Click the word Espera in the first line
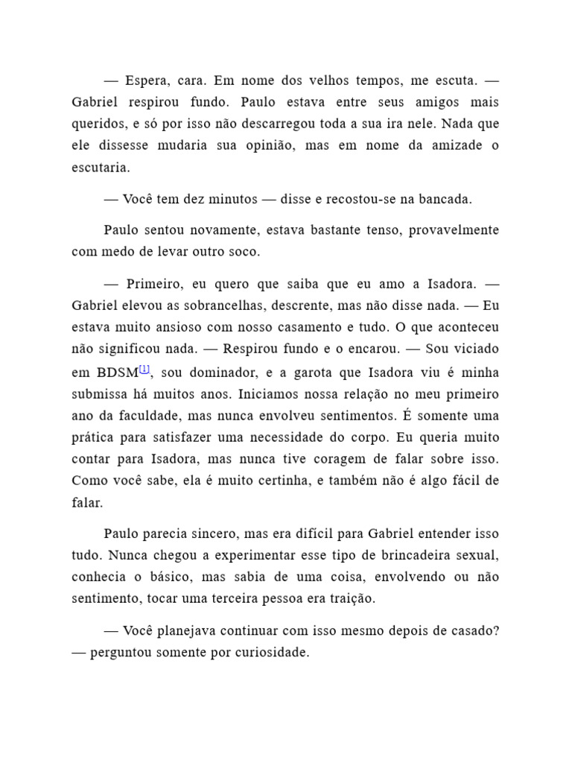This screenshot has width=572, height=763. click(147, 80)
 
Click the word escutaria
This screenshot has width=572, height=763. click(101, 168)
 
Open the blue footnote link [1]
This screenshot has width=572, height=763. click(145, 369)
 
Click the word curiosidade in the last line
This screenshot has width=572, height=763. click(273, 652)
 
